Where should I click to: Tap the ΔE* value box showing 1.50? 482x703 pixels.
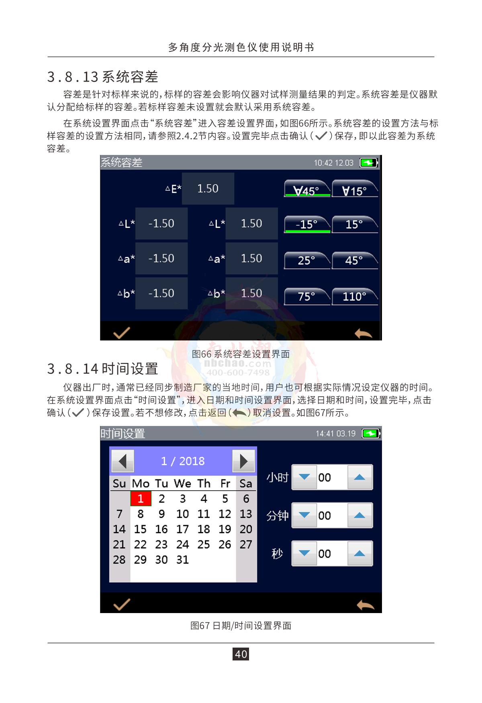(x=208, y=189)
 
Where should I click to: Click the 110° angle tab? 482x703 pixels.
(x=355, y=296)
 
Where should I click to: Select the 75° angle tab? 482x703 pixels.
(x=307, y=296)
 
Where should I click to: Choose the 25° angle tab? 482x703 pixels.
(x=307, y=261)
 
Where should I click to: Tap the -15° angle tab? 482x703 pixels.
(x=307, y=224)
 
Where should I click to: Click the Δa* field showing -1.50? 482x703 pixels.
(x=161, y=258)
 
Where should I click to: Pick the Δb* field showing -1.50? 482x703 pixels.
(x=161, y=293)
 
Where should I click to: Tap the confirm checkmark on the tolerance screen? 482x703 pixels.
(x=121, y=333)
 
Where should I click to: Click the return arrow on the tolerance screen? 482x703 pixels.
(x=364, y=333)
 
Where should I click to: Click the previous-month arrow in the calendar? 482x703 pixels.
(x=123, y=461)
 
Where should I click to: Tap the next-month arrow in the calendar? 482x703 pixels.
(x=243, y=461)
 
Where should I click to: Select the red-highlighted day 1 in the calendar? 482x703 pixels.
(x=141, y=499)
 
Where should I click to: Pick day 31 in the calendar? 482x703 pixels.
(x=182, y=560)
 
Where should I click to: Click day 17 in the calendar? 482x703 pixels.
(x=182, y=529)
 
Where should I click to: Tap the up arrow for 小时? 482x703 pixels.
(x=360, y=477)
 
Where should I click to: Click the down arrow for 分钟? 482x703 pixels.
(x=304, y=516)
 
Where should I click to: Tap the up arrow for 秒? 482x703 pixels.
(x=360, y=554)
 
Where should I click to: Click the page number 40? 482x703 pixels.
(x=241, y=654)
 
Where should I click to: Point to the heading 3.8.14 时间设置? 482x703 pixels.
(x=103, y=369)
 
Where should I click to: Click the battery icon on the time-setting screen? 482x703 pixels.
(x=371, y=434)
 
